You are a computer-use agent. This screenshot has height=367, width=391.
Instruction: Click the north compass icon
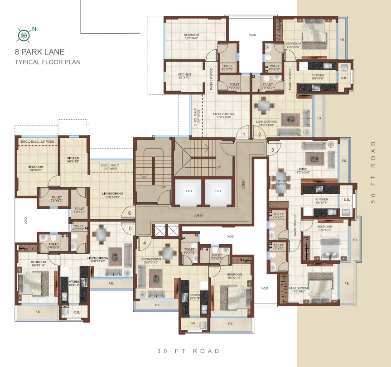point(24,34)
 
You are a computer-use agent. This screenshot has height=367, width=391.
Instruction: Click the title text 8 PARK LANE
point(40,52)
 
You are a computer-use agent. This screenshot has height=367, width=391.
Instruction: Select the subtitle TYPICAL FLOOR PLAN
point(48,62)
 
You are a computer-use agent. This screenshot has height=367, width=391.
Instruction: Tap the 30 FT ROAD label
point(188,351)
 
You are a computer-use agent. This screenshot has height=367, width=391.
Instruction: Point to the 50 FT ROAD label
point(374,172)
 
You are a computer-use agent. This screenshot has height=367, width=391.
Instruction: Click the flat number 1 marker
point(243,135)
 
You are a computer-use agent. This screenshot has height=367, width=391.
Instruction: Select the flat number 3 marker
point(273,150)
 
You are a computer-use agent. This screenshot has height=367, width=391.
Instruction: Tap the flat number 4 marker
point(145,243)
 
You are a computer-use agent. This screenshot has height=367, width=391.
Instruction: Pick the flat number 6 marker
point(130,213)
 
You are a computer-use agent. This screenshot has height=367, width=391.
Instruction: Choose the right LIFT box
point(218,191)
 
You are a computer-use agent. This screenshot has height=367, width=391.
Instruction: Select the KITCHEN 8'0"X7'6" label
point(322,201)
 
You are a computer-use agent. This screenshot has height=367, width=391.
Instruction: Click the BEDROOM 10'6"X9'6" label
point(325,228)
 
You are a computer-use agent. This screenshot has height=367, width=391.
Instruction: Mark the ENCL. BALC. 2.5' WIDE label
point(37,141)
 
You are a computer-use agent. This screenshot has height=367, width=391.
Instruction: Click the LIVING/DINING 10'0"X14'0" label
point(151,261)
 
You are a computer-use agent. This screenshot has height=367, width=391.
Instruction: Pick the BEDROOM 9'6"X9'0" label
point(35,169)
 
